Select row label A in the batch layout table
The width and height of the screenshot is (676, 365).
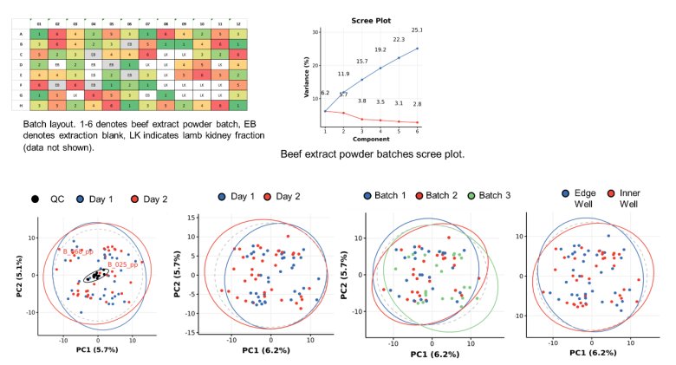tap(21, 33)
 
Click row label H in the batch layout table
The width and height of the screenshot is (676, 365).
tap(21, 106)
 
